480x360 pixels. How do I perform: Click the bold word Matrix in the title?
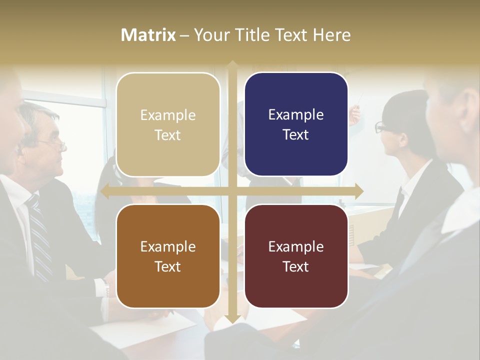tap(148, 35)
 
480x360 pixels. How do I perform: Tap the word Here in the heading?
tap(332, 35)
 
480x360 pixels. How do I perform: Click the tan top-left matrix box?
tap(168, 124)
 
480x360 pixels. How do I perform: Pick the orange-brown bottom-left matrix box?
tap(168, 256)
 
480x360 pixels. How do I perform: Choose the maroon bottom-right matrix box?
tap(296, 256)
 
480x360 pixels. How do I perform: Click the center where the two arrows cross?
tap(232, 191)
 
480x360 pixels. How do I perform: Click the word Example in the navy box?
tap(296, 114)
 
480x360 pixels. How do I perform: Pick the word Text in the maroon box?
tap(296, 266)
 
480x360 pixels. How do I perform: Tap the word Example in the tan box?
tap(168, 115)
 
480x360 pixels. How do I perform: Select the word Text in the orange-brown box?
tap(168, 266)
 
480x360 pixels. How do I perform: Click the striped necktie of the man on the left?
tap(39, 235)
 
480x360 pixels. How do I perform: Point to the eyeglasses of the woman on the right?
tap(381, 127)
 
